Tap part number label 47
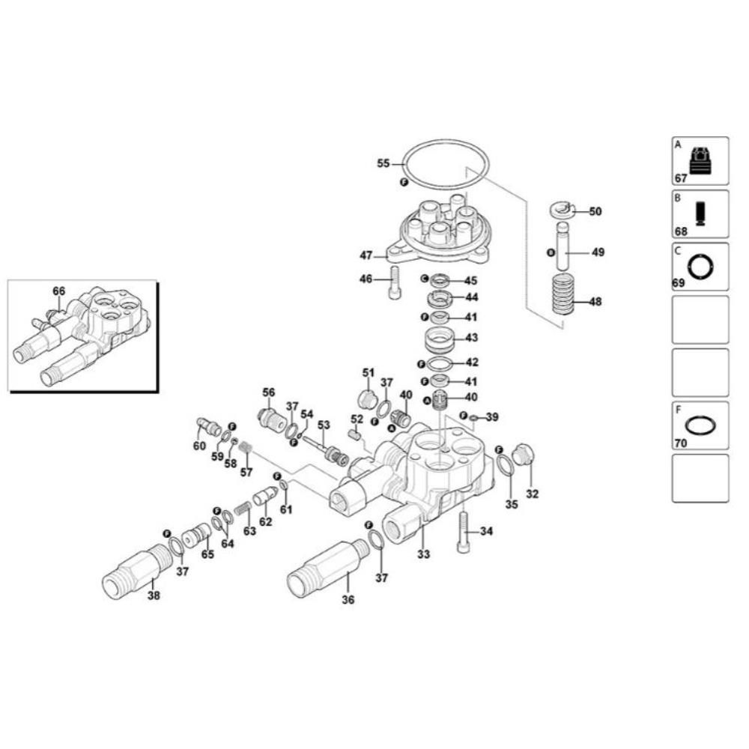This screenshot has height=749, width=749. (x=366, y=255)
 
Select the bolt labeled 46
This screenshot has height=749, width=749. (x=395, y=285)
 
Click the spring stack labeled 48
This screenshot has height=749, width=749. (x=564, y=295)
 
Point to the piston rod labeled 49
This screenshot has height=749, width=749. (x=563, y=253)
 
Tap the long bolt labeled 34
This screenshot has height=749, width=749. (x=463, y=533)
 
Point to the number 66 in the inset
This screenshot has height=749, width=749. (x=59, y=291)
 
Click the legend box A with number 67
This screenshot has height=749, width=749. (x=700, y=161)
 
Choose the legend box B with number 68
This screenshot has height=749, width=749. (x=700, y=214)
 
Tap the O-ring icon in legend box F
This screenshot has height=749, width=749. (x=700, y=425)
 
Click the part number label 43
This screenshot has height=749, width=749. (x=471, y=338)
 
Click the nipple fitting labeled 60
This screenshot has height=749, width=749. (x=207, y=428)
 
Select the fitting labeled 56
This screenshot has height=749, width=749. (x=270, y=416)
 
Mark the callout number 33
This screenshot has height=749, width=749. (x=424, y=555)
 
